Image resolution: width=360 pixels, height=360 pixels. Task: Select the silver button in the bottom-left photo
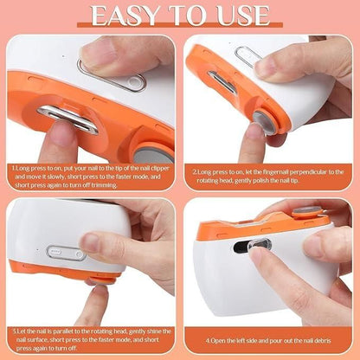click(65, 254)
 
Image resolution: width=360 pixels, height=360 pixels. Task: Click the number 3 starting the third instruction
click(15, 330)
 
